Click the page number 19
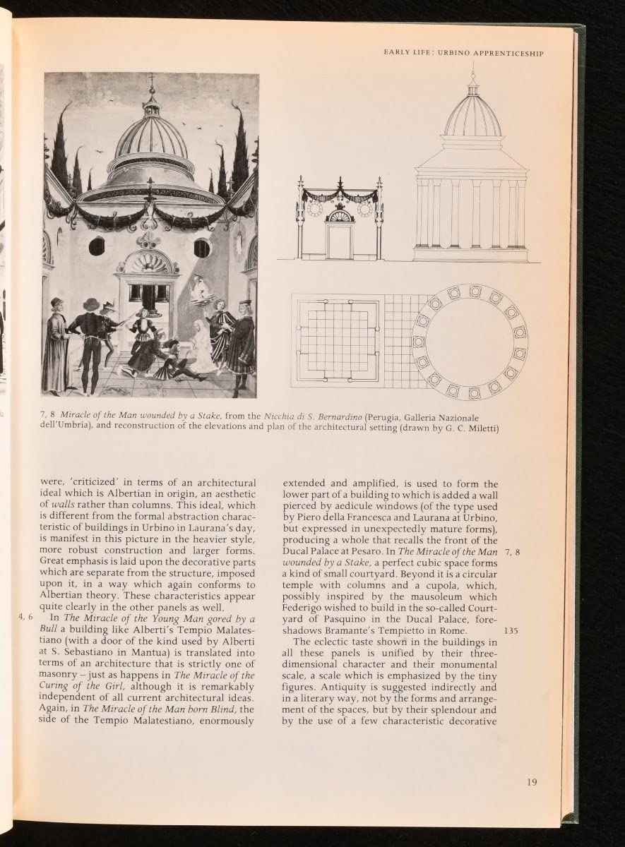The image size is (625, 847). click(532, 781)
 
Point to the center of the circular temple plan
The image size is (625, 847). click(470, 342)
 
